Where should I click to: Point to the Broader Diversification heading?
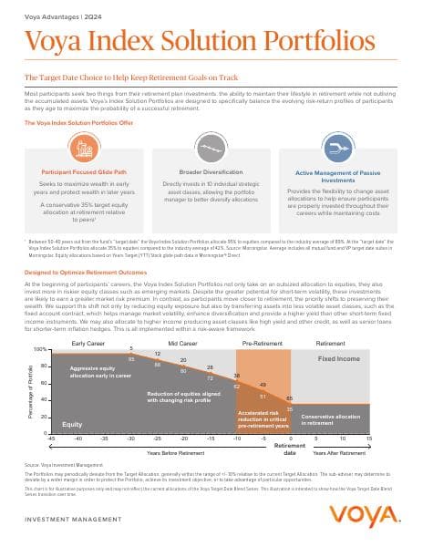211,170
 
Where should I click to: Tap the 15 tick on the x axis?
369,439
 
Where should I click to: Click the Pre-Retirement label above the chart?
263,342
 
